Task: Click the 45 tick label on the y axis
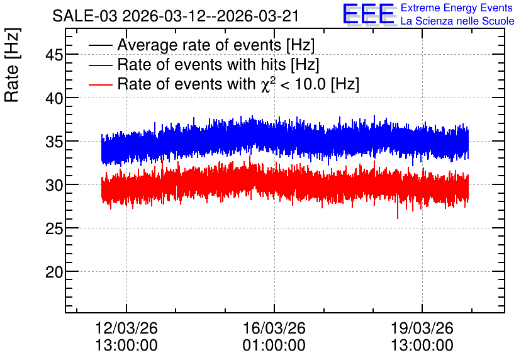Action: click(x=54, y=55)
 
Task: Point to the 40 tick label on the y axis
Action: click(x=54, y=98)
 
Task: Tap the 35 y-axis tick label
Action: click(x=54, y=142)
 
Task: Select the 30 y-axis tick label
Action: click(x=54, y=185)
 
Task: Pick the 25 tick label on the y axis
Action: click(x=54, y=228)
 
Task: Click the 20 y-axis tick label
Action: click(x=54, y=272)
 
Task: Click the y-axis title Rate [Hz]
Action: click(x=13, y=65)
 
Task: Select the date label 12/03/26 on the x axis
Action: click(x=126, y=328)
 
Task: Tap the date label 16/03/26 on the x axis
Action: click(x=274, y=328)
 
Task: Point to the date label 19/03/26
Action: click(x=422, y=328)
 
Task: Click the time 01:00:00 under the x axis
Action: click(x=274, y=345)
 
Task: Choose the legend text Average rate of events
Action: click(x=199, y=45)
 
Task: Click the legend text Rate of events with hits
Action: click(x=201, y=64)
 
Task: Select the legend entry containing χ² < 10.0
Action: click(x=238, y=84)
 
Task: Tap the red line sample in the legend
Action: click(x=101, y=84)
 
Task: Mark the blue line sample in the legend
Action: click(x=101, y=65)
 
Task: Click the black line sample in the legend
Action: click(x=101, y=45)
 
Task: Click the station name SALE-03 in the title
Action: click(x=85, y=16)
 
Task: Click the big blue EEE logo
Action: click(x=369, y=14)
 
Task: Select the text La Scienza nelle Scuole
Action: click(x=457, y=21)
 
